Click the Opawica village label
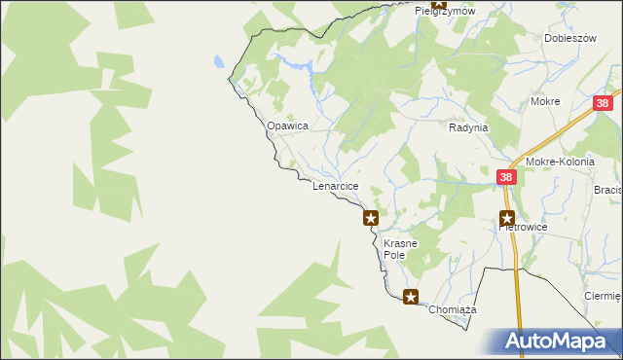288,126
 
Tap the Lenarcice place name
336,185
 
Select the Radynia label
468,127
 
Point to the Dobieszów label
569,38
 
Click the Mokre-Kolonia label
559,162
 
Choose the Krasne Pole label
400,248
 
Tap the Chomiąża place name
450,308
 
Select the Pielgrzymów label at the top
444,11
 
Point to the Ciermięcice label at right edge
603,296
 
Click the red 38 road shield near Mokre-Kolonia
505,177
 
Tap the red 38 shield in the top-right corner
604,103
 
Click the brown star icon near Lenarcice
371,218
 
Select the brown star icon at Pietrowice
507,219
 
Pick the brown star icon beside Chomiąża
412,297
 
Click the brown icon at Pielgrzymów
439,5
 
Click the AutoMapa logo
556,342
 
